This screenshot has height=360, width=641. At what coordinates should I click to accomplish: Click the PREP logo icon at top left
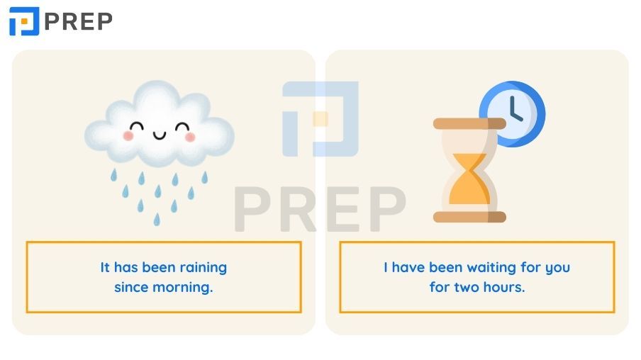pyautogui.click(x=24, y=21)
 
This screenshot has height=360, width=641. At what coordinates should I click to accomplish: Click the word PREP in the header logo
pyautogui.click(x=78, y=22)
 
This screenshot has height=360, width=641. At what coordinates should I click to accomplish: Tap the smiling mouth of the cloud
pyautogui.click(x=160, y=135)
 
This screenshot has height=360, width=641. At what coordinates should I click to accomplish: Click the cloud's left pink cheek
pyautogui.click(x=128, y=135)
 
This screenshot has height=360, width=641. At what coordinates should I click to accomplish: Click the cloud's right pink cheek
pyautogui.click(x=190, y=137)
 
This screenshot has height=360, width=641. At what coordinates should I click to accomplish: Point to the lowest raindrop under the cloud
pyautogui.click(x=157, y=220)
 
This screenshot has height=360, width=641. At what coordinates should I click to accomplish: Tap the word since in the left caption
pyautogui.click(x=131, y=287)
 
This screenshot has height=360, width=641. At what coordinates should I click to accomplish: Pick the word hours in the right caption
pyautogui.click(x=504, y=287)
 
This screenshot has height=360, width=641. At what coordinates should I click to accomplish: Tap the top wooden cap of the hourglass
pyautogui.click(x=469, y=123)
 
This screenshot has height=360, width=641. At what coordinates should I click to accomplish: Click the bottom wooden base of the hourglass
pyautogui.click(x=469, y=217)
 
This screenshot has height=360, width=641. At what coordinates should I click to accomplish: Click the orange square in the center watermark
pyautogui.click(x=320, y=119)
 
